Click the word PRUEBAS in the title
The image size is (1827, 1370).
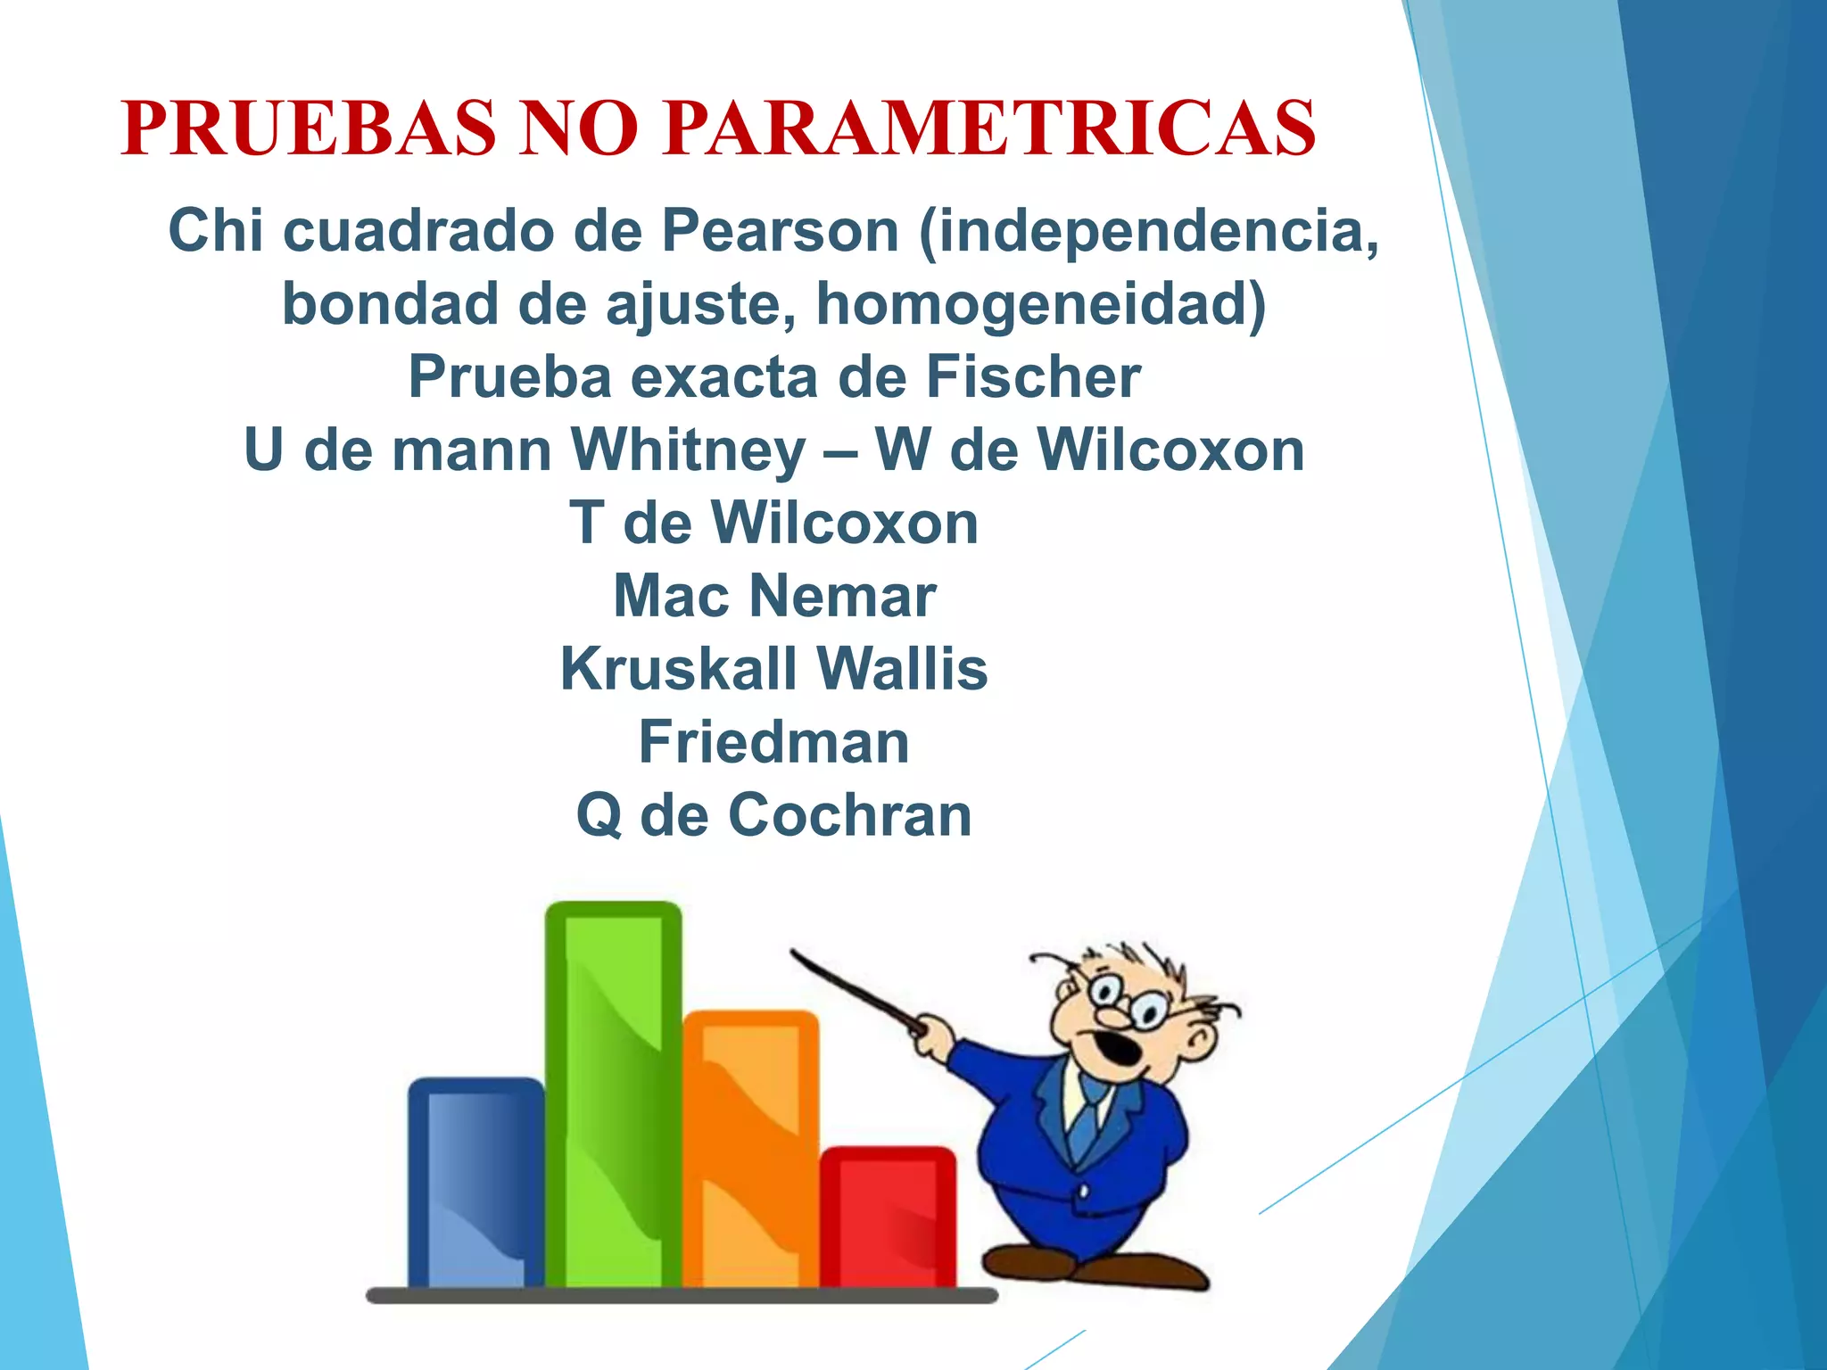pyautogui.click(x=308, y=128)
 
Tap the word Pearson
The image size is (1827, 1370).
pyautogui.click(x=780, y=230)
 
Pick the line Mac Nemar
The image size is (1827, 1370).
pyautogui.click(x=774, y=596)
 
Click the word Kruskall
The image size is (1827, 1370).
pyautogui.click(x=679, y=669)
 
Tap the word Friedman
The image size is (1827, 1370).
pyautogui.click(x=774, y=742)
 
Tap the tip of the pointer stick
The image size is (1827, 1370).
pyautogui.click(x=793, y=953)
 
